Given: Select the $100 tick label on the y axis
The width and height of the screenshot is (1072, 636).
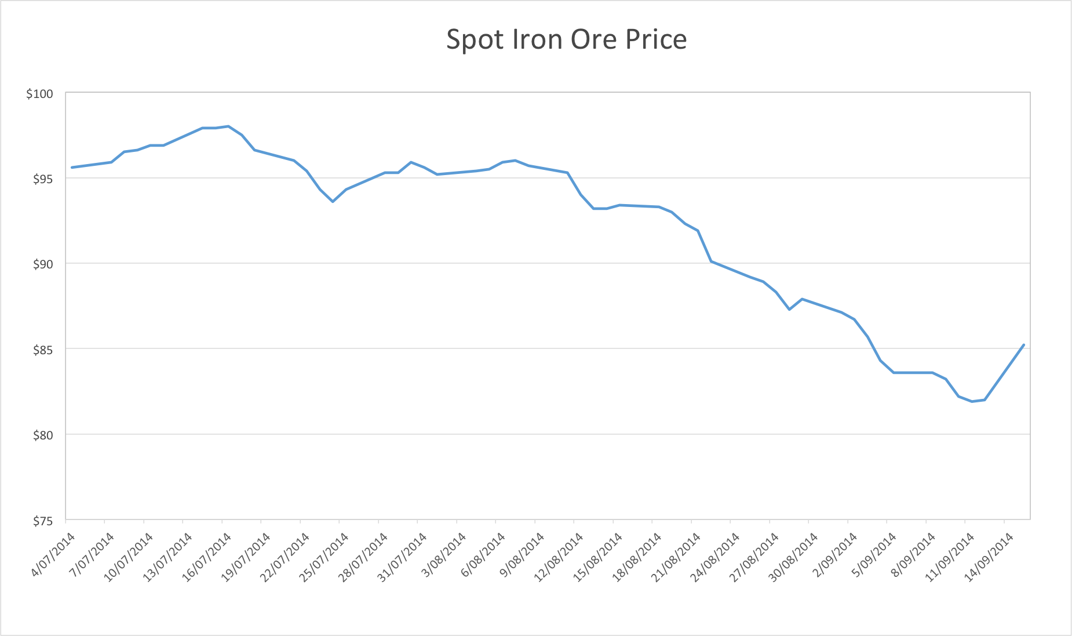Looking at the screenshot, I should coord(39,94).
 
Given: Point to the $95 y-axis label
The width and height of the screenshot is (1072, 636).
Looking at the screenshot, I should coord(42,179).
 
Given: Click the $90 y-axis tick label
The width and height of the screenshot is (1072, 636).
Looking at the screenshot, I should coord(42,264).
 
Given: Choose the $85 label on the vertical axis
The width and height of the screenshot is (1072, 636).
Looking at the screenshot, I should coord(42,350).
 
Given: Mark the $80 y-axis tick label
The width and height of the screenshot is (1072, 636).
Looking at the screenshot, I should coord(42,435).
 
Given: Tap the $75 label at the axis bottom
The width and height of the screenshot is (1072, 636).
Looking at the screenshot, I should coord(42,521).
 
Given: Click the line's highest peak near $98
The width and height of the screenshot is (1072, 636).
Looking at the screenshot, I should coord(228,126).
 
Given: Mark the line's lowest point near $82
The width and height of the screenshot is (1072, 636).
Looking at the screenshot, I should coord(972,401).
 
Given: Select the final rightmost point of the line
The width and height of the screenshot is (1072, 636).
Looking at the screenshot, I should coord(1024,345).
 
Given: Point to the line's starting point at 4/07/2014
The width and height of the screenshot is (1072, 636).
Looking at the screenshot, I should coord(72,168).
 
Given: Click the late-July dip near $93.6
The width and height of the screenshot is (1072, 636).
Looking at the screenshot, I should coord(333,201).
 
